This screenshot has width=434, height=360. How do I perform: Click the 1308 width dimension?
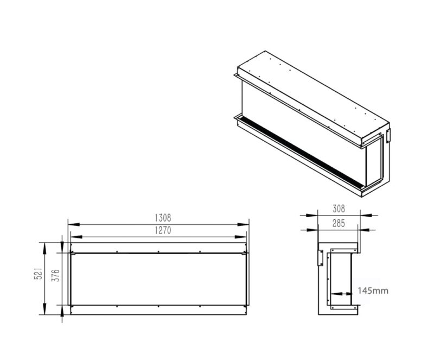point(163,218)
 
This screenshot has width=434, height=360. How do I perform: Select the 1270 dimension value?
point(163,230)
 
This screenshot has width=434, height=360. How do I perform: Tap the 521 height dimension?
point(39,273)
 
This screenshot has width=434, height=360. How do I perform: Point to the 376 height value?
point(56,275)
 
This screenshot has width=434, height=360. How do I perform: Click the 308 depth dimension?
point(339,209)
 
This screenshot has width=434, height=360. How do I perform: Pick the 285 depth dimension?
point(339,223)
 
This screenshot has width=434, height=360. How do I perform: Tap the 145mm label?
point(373,290)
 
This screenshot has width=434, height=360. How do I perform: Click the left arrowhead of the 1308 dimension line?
point(74,224)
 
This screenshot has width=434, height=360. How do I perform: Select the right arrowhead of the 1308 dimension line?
point(243,224)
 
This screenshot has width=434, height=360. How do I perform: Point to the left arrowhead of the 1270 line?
point(76,237)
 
